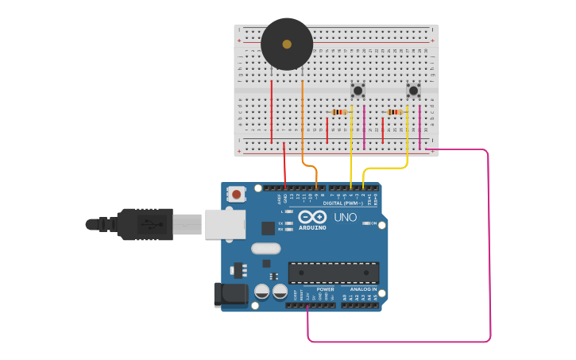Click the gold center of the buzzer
[287, 45]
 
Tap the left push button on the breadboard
[358, 91]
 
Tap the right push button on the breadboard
[413, 91]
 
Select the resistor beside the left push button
[340, 112]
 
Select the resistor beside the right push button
[395, 112]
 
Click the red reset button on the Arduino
[236, 193]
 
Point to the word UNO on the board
[345, 217]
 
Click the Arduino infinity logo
[313, 217]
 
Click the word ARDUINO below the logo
[313, 228]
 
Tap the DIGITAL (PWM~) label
[344, 203]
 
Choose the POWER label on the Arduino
[325, 289]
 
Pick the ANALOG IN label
[363, 289]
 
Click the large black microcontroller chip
[334, 273]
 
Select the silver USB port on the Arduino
[225, 224]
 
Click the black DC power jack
[230, 294]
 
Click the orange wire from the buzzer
[303, 119]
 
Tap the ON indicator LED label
[373, 223]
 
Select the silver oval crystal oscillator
[265, 249]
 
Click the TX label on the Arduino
[281, 223]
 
